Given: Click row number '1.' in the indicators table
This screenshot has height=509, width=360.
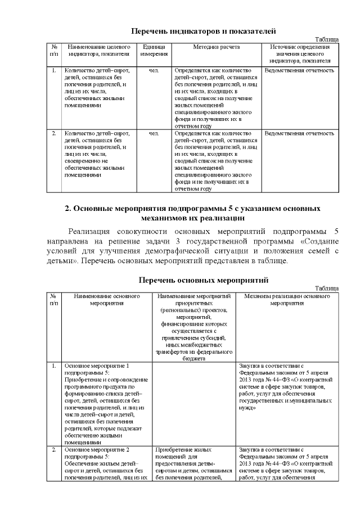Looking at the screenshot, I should [53, 71].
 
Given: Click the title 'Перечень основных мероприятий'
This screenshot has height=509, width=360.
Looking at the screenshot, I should [204, 280].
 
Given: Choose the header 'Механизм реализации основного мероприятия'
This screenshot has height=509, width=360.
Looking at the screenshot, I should [287, 299].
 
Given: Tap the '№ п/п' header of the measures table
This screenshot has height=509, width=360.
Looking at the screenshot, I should [53, 299].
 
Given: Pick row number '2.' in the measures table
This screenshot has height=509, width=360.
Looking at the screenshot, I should [53, 451].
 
